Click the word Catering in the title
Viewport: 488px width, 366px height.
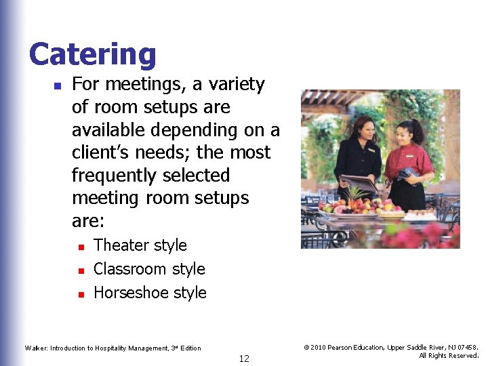[x=93, y=55]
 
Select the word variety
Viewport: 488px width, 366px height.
[x=237, y=85]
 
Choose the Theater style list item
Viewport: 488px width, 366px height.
[x=140, y=245]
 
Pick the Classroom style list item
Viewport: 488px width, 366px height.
[x=149, y=269]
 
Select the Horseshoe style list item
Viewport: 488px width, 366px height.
[x=150, y=293]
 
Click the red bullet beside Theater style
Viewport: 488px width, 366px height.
[x=80, y=247]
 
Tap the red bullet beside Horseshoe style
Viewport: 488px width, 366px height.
[x=80, y=294]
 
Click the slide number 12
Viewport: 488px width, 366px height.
[x=244, y=359]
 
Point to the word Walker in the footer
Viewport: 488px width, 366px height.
[x=37, y=348]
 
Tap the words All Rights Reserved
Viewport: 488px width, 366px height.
[x=449, y=356]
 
